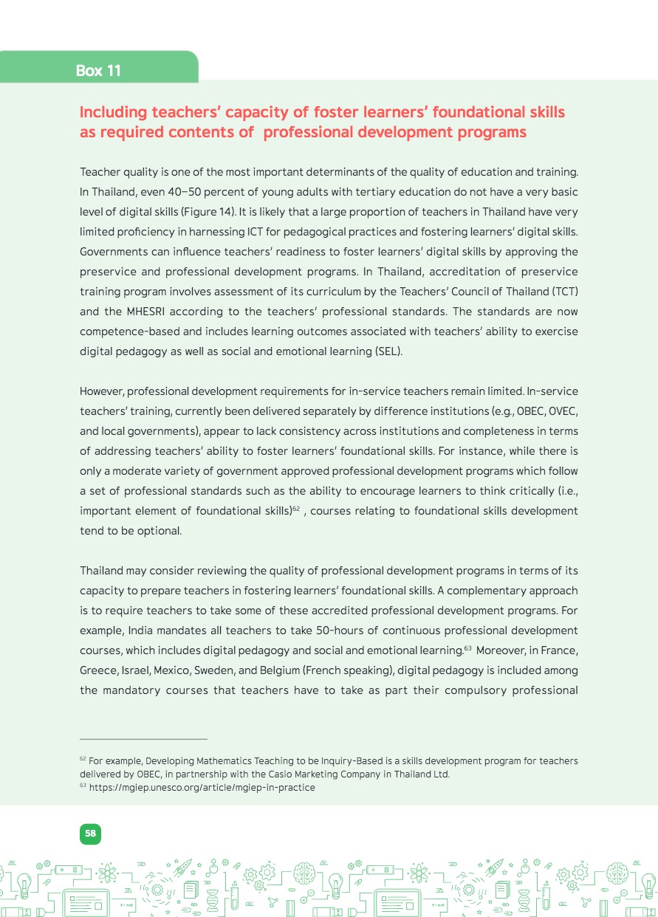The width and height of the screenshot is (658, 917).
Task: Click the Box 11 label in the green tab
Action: pyautogui.click(x=98, y=71)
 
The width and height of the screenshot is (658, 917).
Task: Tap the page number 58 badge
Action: pyautogui.click(x=90, y=834)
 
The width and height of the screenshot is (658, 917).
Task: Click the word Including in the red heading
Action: pyautogui.click(x=113, y=112)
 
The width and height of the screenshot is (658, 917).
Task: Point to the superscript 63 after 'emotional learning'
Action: pyautogui.click(x=467, y=647)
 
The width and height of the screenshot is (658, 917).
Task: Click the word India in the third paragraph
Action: pyautogui.click(x=141, y=631)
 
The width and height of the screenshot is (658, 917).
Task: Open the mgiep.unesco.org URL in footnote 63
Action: pyautogui.click(x=202, y=788)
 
